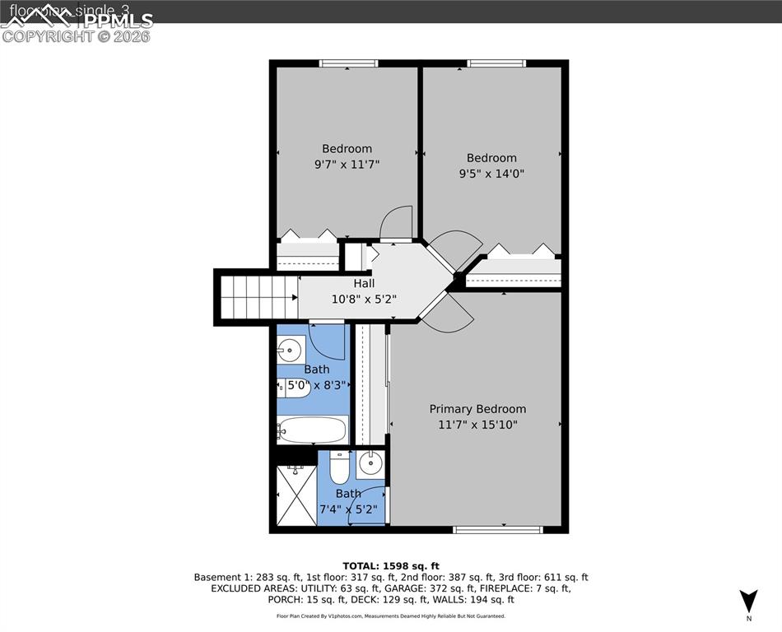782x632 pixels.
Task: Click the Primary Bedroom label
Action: tap(477, 409)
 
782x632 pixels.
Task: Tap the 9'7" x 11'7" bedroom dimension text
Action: tap(347, 164)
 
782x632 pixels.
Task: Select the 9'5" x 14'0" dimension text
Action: tap(491, 174)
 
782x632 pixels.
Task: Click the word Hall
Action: tap(364, 283)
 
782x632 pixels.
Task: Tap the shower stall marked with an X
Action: tap(295, 495)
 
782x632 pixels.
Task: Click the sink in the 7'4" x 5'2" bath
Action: tap(370, 463)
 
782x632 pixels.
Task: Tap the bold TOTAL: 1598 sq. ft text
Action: tap(391, 565)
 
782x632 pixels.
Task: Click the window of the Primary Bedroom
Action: tap(497, 529)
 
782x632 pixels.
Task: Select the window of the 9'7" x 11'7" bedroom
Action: tap(348, 63)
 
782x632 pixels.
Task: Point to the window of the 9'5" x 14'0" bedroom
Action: tap(496, 63)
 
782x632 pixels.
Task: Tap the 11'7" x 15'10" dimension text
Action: tap(477, 425)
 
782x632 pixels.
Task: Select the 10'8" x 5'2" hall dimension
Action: tap(364, 299)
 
